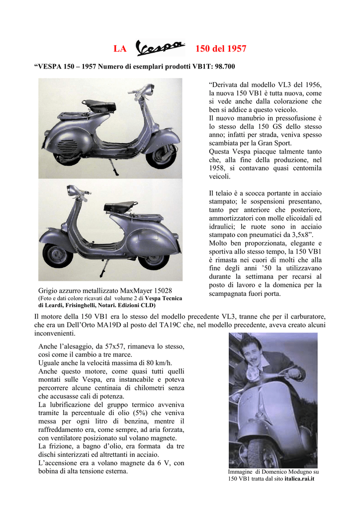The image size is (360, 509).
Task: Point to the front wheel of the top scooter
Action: click(x=161, y=156)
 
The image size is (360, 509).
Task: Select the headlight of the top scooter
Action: click(x=149, y=90)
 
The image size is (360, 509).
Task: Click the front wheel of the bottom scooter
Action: click(x=57, y=255)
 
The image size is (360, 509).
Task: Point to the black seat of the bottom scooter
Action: click(x=121, y=205)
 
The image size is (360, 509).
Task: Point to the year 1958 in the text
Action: click(x=218, y=168)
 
